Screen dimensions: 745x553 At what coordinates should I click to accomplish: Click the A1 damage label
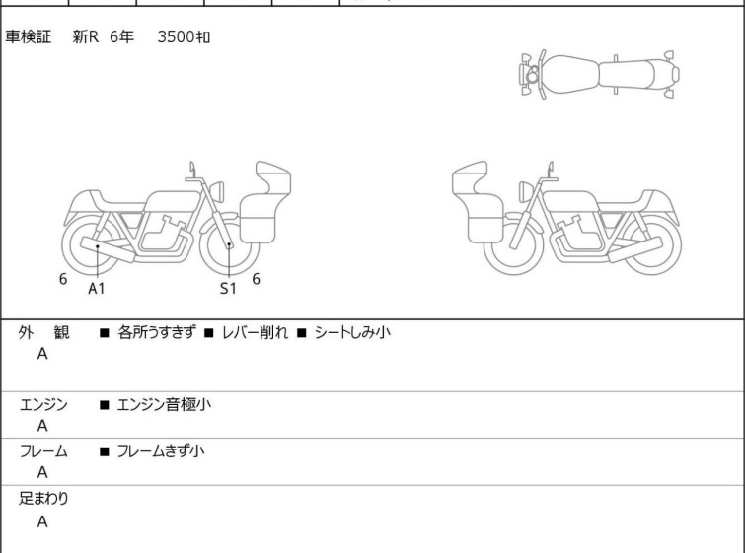[96, 288]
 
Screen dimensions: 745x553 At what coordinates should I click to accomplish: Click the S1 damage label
[228, 288]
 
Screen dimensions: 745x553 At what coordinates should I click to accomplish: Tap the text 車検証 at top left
[28, 36]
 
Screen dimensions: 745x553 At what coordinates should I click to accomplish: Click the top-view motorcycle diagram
[599, 75]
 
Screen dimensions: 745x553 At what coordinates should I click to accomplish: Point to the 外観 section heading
[43, 332]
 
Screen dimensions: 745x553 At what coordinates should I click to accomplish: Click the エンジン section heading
[43, 404]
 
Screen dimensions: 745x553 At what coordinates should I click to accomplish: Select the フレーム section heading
[43, 450]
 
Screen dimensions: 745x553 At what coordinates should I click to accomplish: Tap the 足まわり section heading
[43, 498]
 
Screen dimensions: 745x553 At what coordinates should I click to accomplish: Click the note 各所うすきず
[157, 332]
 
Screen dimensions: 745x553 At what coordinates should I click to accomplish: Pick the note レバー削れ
[255, 332]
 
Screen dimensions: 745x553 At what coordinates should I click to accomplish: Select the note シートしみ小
[352, 332]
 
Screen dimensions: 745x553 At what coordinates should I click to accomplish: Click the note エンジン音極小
[164, 404]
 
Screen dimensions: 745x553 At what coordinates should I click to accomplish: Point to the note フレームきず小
[161, 450]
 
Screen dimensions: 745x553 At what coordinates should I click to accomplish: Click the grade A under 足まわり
[42, 521]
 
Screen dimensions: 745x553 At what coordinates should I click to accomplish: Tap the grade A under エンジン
[42, 426]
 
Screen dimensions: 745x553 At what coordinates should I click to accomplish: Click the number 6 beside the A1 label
[63, 279]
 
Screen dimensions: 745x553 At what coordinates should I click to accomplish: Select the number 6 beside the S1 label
[257, 279]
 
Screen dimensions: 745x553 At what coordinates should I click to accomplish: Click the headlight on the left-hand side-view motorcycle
[217, 191]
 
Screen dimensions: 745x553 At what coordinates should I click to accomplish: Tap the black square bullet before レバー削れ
[208, 333]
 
